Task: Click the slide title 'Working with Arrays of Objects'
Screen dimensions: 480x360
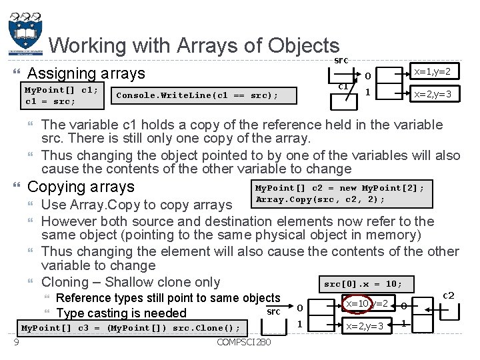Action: click(x=194, y=45)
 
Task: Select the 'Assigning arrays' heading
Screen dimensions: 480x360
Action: click(x=86, y=73)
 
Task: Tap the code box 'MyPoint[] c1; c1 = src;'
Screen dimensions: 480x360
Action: click(x=61, y=95)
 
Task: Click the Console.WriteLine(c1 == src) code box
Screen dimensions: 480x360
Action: click(x=197, y=95)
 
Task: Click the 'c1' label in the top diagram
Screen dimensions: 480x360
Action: click(x=342, y=86)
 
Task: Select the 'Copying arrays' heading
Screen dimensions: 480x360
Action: click(x=81, y=187)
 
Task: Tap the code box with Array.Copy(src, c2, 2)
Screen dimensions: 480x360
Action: click(x=339, y=193)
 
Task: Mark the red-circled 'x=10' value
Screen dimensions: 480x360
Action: click(x=357, y=304)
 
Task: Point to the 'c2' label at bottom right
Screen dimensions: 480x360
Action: click(x=449, y=295)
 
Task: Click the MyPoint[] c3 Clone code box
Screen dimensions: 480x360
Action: click(x=131, y=327)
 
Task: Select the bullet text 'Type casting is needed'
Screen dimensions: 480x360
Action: click(x=122, y=313)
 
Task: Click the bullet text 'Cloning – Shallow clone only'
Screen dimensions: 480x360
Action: click(x=131, y=282)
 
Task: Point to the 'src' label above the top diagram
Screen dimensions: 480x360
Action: click(x=341, y=60)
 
